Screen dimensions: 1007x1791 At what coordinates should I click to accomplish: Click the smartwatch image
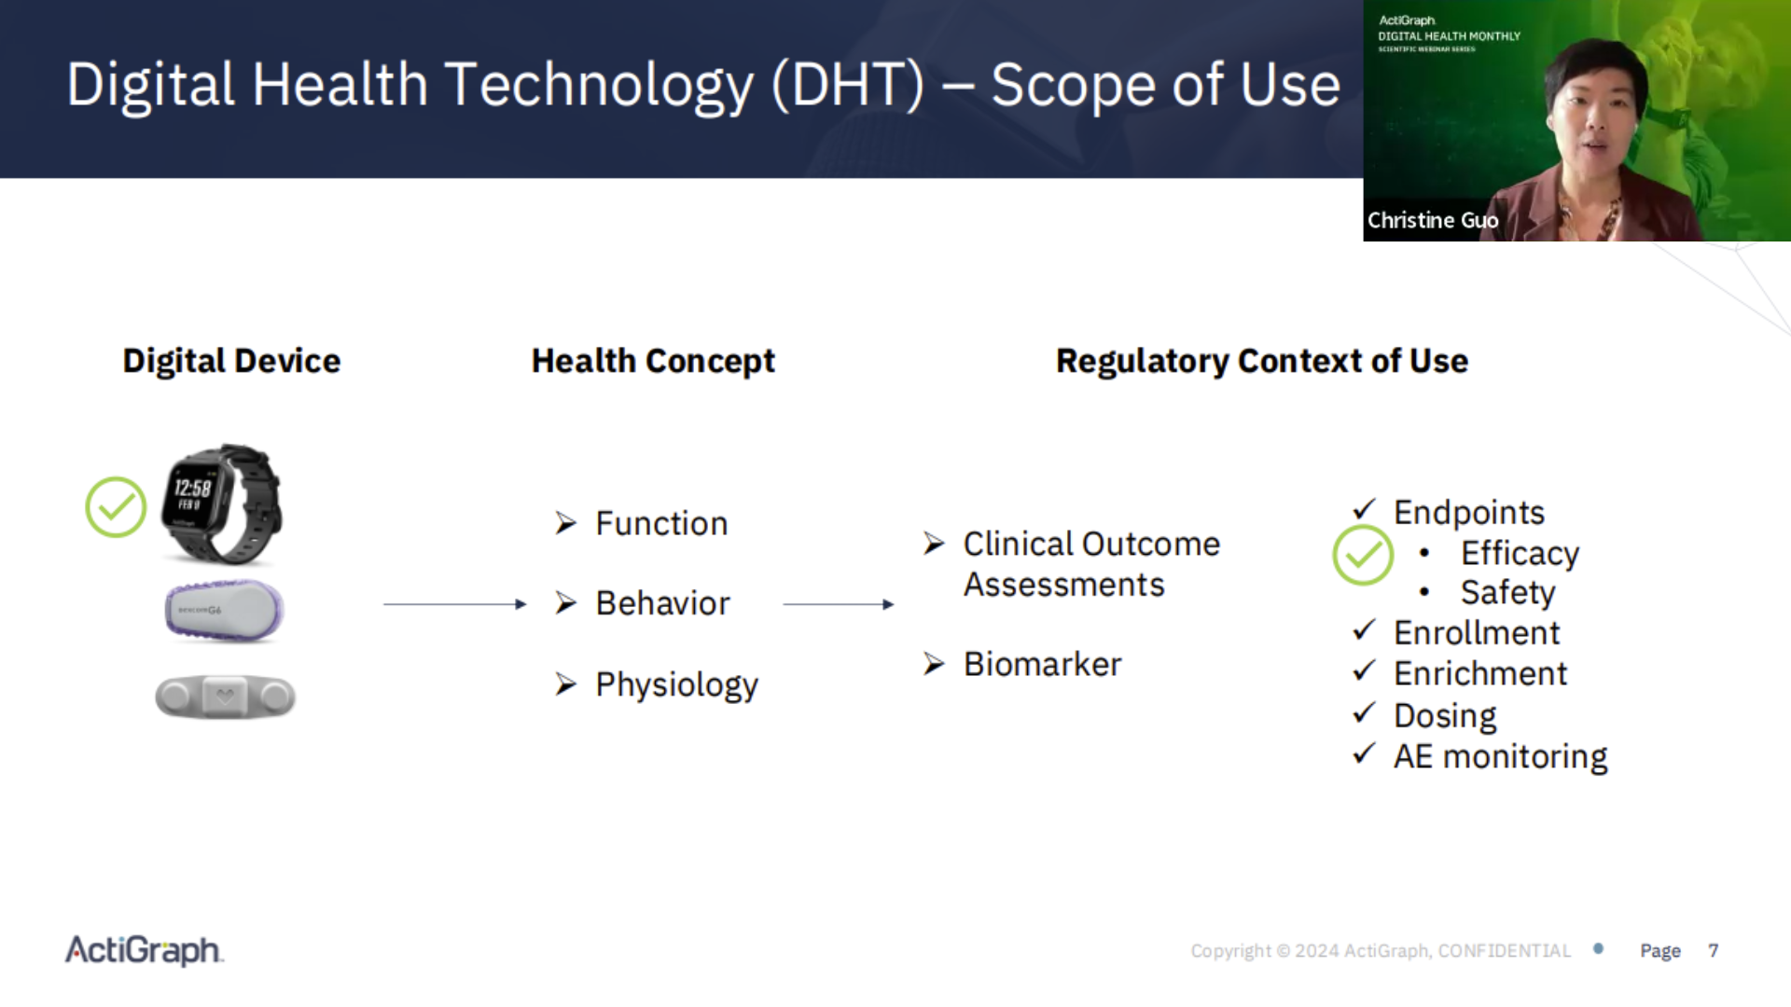tap(222, 504)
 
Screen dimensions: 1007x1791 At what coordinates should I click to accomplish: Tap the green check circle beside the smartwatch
tap(116, 507)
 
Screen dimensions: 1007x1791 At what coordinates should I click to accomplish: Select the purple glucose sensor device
tap(224, 611)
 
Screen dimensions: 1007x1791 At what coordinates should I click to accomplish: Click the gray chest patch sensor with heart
tap(225, 697)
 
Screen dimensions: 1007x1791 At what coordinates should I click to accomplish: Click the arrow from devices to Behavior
tap(454, 604)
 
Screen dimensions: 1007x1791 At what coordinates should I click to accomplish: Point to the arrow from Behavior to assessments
tap(838, 604)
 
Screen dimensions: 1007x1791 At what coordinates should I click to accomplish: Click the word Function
tap(661, 524)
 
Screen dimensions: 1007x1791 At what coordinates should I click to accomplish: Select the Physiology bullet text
tap(676, 685)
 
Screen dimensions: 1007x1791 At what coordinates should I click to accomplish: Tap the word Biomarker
tap(1042, 665)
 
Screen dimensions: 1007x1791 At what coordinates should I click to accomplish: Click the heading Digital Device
tap(231, 361)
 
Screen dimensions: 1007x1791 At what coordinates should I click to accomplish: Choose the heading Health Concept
tap(653, 361)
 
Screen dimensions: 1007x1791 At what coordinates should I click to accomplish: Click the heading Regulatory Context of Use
tap(1261, 361)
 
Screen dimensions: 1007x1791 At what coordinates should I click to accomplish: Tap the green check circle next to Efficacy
tap(1362, 556)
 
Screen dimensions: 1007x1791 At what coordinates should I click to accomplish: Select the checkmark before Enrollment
tap(1364, 631)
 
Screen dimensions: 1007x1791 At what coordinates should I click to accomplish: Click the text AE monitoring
tap(1500, 756)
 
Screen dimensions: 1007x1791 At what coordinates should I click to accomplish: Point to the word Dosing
tap(1445, 716)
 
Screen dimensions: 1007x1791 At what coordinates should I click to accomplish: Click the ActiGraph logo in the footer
tap(144, 950)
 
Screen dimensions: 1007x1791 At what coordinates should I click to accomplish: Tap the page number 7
tap(1713, 951)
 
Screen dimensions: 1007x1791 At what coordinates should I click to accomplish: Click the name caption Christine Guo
tap(1433, 221)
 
